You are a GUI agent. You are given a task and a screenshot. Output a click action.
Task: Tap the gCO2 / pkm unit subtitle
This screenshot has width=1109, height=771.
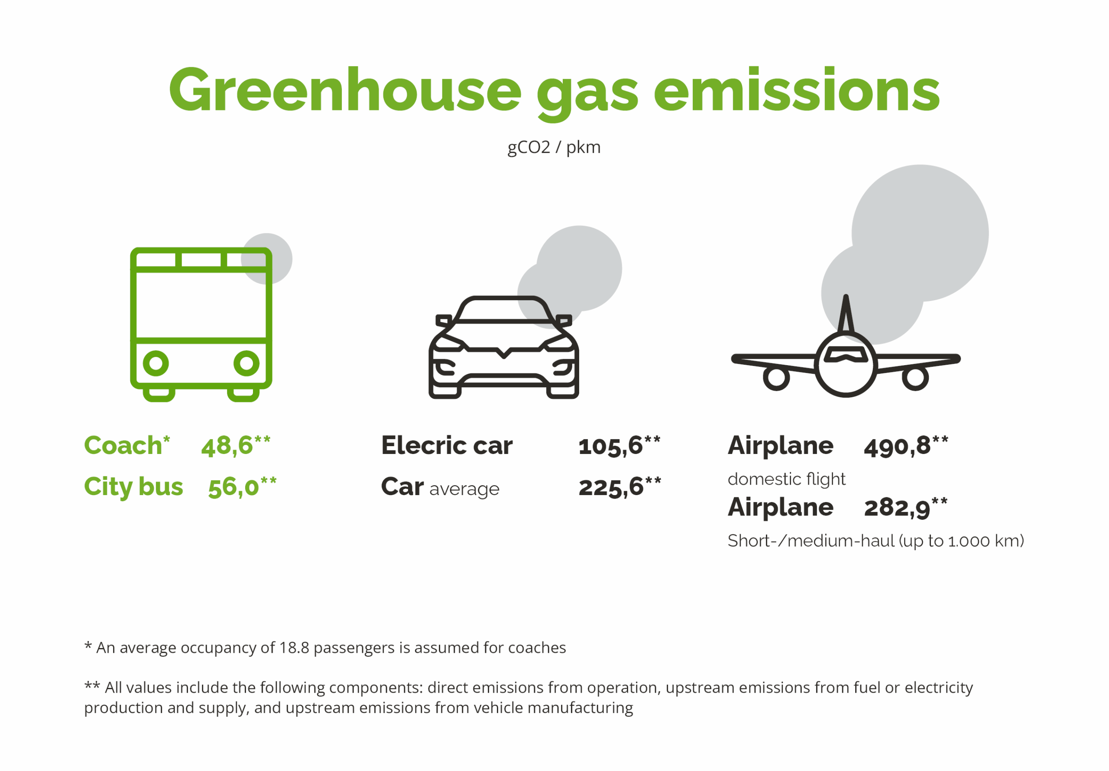(x=554, y=147)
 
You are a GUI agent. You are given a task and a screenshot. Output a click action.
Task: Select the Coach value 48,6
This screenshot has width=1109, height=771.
(x=227, y=445)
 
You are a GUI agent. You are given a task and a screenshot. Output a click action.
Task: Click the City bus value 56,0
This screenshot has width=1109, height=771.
(x=234, y=487)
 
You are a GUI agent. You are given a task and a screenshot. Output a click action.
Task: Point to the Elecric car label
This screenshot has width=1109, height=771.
(x=447, y=445)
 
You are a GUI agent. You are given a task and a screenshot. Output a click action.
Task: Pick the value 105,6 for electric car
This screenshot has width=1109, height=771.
(x=610, y=445)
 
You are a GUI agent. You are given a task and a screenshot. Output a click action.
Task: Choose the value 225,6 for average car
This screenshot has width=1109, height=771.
(x=611, y=487)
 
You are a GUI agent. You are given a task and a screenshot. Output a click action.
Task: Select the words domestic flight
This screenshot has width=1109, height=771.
(x=786, y=479)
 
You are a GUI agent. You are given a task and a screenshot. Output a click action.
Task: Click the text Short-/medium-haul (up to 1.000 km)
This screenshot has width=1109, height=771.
(x=876, y=541)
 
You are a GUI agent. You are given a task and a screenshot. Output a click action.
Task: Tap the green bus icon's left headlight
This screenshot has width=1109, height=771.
(x=156, y=363)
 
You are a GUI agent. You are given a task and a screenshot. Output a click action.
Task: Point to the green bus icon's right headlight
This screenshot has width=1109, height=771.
(x=246, y=363)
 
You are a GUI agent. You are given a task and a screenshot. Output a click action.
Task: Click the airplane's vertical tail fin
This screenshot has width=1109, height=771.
(x=845, y=314)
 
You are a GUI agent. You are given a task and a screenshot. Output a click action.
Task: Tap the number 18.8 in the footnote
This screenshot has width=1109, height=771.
(x=294, y=648)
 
